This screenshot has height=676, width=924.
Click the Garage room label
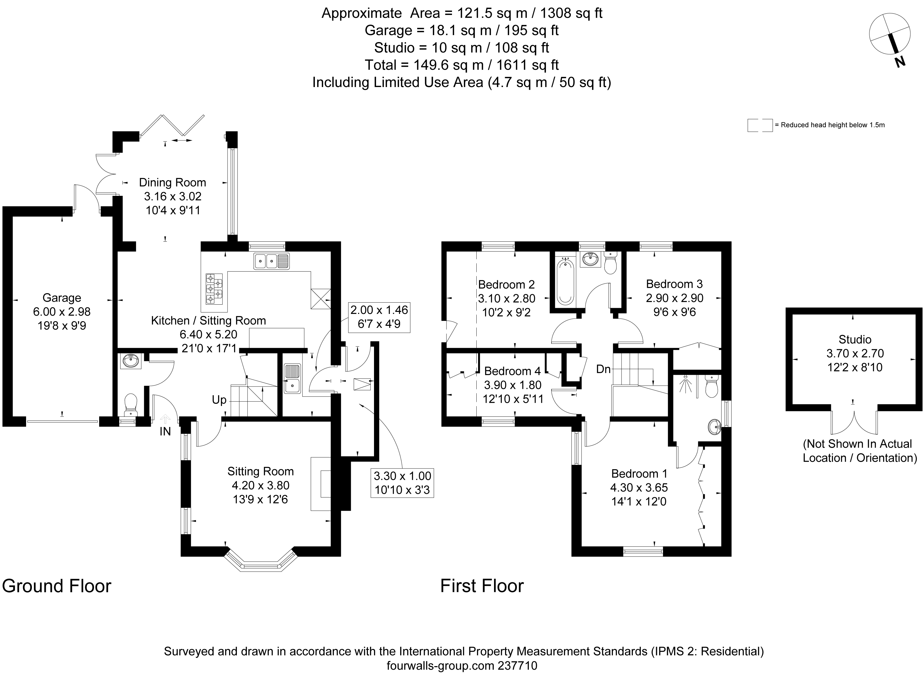coord(62,298)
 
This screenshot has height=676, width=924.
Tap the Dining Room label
coord(173,182)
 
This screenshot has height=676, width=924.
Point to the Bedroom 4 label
coord(512,371)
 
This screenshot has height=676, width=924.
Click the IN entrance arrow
coord(165,419)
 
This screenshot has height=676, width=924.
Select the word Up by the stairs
coord(219,400)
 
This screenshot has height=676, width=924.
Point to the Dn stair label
coord(603,369)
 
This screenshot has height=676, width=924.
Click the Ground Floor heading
coord(57,586)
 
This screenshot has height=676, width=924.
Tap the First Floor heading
coord(482,586)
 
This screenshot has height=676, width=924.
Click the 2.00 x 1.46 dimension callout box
coord(379,317)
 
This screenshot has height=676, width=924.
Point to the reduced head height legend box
coord(760,125)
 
